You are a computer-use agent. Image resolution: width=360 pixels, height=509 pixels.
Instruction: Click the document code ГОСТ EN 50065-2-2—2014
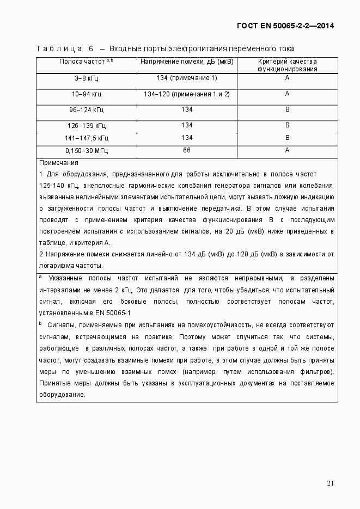click(285, 26)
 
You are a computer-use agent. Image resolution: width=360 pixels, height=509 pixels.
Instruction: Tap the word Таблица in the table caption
click(59, 48)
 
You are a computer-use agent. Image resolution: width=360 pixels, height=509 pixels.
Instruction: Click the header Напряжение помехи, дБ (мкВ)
click(187, 62)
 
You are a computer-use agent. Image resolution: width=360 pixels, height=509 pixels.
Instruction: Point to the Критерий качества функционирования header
click(287, 65)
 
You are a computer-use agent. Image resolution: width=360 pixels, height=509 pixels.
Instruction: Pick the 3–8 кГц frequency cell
click(87, 78)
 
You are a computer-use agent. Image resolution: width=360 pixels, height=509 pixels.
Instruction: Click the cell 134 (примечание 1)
click(187, 78)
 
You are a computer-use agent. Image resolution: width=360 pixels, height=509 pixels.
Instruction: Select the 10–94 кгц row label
click(87, 94)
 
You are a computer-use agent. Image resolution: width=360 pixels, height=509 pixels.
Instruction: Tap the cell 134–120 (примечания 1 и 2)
click(187, 94)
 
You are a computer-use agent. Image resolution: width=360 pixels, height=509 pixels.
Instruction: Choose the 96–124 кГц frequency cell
click(87, 111)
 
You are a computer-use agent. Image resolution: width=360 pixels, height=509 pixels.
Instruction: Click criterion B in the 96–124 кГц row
click(287, 110)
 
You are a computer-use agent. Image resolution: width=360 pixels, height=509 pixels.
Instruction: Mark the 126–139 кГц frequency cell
click(87, 126)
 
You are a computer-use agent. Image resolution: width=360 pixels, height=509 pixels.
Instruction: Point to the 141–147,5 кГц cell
click(87, 138)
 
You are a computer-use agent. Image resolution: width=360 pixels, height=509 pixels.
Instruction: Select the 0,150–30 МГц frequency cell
click(87, 151)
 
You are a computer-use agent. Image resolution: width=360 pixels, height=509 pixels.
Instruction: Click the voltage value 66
click(187, 150)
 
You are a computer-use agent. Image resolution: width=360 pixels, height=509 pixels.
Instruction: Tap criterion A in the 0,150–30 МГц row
click(287, 150)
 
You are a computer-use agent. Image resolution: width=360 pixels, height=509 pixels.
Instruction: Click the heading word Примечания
click(59, 163)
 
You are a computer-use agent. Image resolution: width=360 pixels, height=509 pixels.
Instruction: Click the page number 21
click(330, 483)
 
